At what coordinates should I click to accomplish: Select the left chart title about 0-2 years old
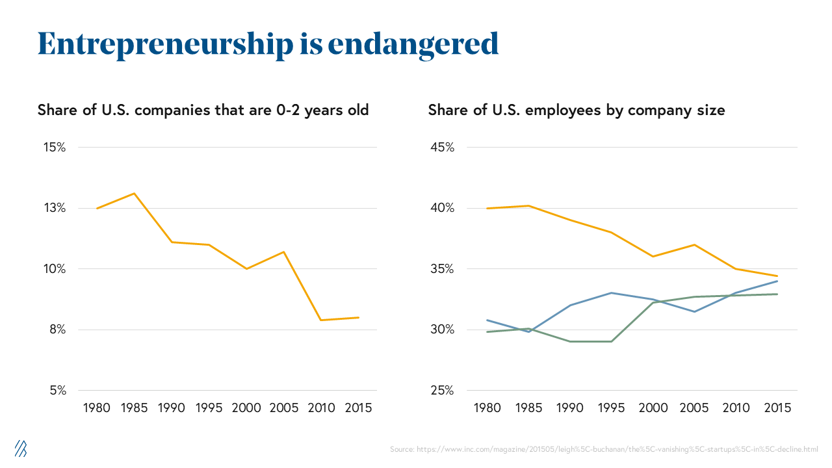pyautogui.click(x=203, y=110)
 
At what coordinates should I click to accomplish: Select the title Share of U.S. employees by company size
pyautogui.click(x=576, y=110)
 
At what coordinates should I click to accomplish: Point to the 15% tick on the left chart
pyautogui.click(x=54, y=147)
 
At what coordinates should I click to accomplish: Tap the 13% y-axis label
pyautogui.click(x=54, y=208)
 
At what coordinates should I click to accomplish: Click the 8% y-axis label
pyautogui.click(x=57, y=330)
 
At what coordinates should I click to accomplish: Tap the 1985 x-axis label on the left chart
pyautogui.click(x=134, y=408)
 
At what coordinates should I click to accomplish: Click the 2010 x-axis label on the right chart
pyautogui.click(x=736, y=408)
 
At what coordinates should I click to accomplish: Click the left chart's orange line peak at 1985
pyautogui.click(x=135, y=193)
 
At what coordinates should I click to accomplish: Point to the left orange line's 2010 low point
pyautogui.click(x=320, y=320)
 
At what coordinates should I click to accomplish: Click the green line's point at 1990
pyautogui.click(x=570, y=341)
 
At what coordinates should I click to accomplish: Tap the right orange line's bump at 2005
pyautogui.click(x=695, y=244)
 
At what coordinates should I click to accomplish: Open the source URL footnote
pyautogui.click(x=604, y=449)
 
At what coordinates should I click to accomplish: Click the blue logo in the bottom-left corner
pyautogui.click(x=21, y=447)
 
